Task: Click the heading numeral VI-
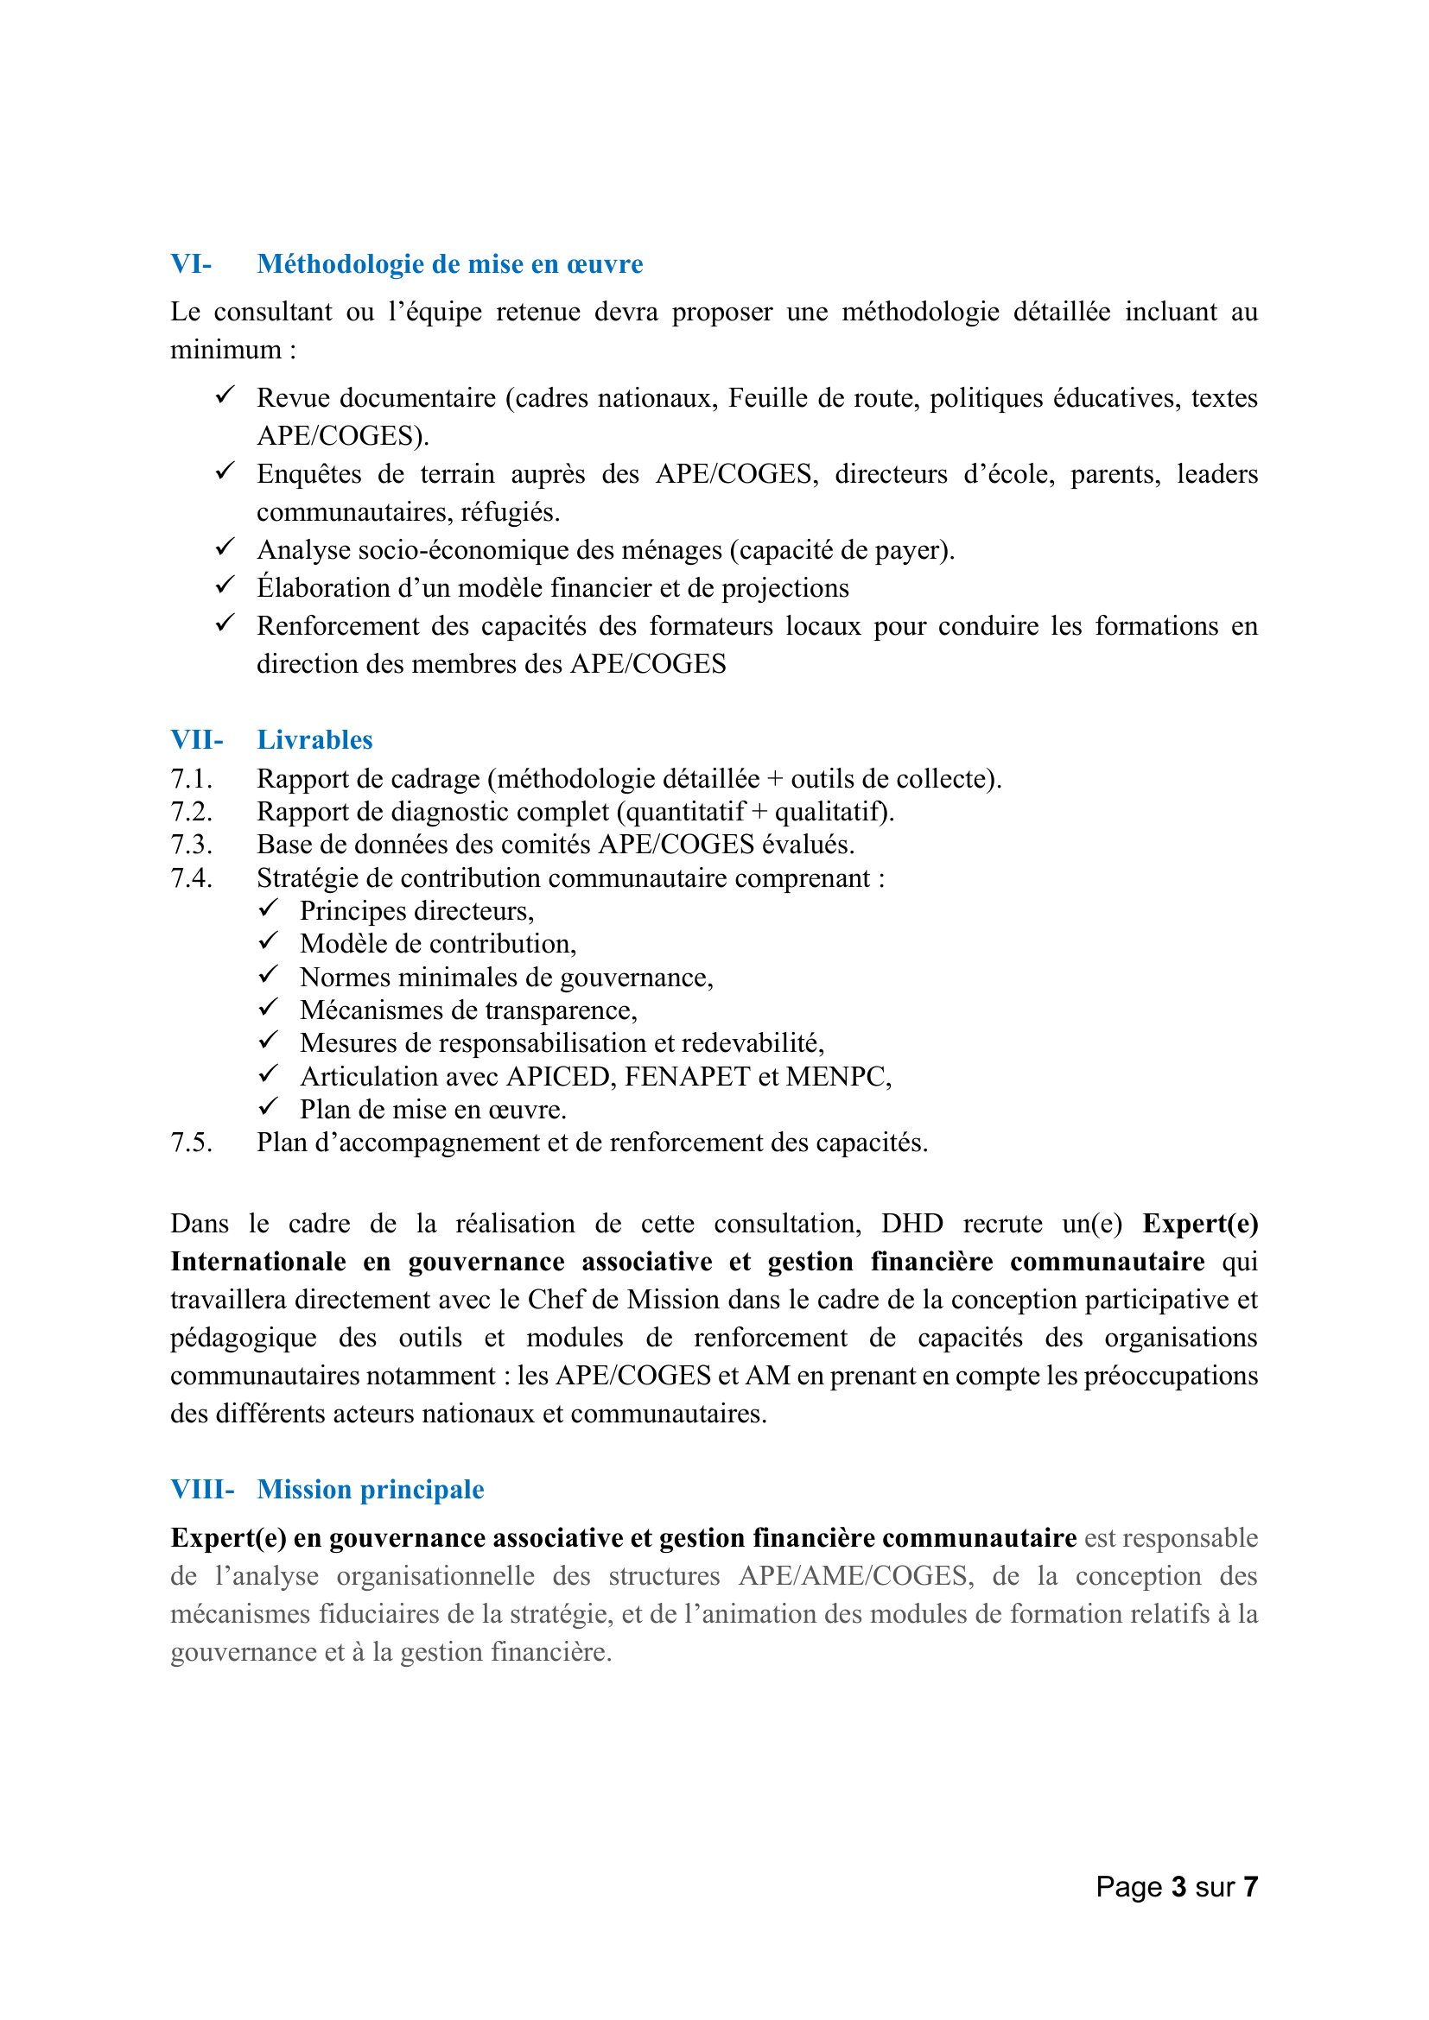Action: click(191, 264)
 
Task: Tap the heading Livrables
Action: click(314, 740)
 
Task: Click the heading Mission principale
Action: click(371, 1490)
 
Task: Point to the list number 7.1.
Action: click(191, 779)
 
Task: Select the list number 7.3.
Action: click(191, 845)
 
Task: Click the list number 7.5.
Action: click(191, 1142)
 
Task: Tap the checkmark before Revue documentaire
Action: click(225, 395)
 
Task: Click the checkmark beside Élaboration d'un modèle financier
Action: click(225, 584)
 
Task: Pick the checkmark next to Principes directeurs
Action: click(269, 908)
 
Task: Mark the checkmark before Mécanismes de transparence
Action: click(269, 1007)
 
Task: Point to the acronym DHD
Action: click(911, 1224)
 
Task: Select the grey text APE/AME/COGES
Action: click(855, 1576)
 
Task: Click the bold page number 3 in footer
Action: click(1178, 1886)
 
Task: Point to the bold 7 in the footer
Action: click(1249, 1886)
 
